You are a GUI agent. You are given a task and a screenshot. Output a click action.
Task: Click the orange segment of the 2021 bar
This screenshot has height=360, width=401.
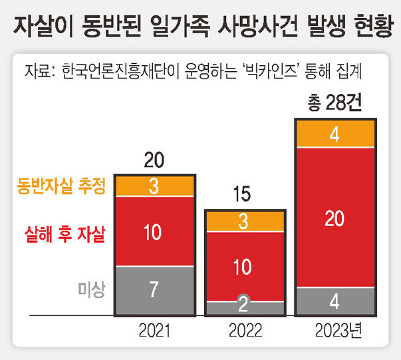(x=154, y=186)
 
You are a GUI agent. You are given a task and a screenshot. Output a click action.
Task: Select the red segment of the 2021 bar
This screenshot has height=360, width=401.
(x=154, y=232)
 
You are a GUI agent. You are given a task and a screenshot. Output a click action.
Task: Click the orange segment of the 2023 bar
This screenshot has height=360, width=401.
(x=336, y=134)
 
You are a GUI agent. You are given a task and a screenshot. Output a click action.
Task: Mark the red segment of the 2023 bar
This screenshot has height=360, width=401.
(x=336, y=217)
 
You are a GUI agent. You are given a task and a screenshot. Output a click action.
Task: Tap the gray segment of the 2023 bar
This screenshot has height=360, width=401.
(x=336, y=301)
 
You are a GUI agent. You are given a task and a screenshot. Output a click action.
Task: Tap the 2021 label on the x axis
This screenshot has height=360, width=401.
(x=154, y=330)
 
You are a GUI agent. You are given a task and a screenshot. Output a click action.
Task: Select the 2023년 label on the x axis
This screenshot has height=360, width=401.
(x=338, y=330)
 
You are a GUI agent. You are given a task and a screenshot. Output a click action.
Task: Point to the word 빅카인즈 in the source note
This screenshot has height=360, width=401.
(x=265, y=70)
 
